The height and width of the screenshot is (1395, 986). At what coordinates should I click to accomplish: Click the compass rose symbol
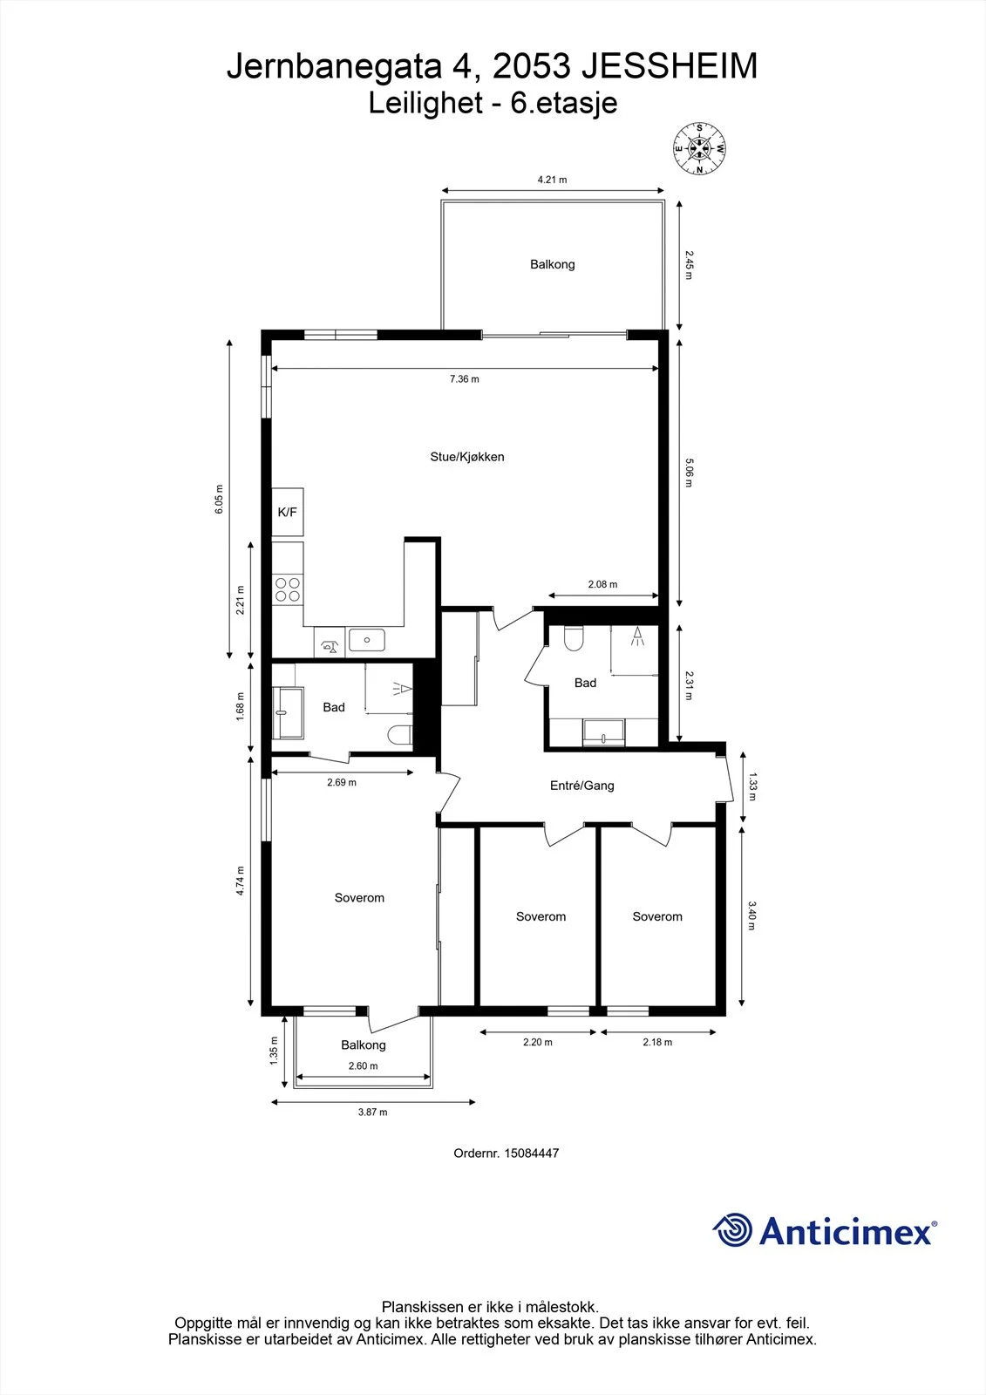pos(699,149)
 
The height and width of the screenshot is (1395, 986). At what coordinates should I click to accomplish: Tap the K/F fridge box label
pos(287,512)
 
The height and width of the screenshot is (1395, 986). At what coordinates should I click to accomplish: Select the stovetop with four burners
pos(287,589)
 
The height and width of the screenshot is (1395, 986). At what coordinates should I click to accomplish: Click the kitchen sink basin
pos(366,640)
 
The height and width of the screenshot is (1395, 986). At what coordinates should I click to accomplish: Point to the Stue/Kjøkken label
pos(467,457)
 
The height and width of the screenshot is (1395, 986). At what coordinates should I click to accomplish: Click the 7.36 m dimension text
pos(465,378)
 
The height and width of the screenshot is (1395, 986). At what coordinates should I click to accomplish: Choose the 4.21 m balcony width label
pos(553,180)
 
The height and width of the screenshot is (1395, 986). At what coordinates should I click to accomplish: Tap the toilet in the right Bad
pos(574,638)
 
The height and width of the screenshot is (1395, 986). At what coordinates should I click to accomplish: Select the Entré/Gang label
pos(581,786)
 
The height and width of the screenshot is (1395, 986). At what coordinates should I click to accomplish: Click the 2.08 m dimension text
pos(603,584)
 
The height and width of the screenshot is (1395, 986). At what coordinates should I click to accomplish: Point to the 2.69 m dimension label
pos(342,782)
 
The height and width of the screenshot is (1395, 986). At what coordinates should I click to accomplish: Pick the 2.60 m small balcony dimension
pos(364,1065)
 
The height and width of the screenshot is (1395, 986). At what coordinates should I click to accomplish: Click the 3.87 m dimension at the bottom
pos(372,1112)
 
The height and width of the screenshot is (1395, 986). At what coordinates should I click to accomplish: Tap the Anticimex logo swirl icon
pos(732,1230)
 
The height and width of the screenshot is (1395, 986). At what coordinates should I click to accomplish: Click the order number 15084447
pos(531,1153)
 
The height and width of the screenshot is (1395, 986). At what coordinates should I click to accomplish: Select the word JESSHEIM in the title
pos(670,66)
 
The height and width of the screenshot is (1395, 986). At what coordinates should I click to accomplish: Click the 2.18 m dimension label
pos(657,1042)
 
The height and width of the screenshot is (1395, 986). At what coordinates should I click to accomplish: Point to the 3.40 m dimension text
pos(751,915)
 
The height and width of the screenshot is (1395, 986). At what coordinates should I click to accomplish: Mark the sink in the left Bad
pos(288,712)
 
